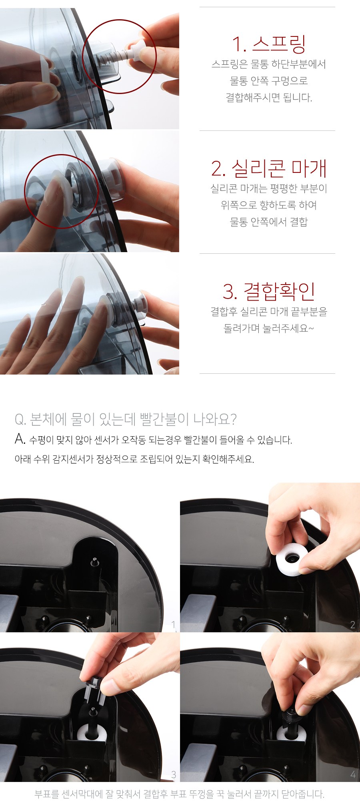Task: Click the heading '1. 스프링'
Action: coord(269,44)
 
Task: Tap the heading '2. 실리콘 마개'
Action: coord(269,168)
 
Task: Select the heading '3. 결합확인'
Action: coord(269,291)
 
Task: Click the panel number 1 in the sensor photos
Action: coord(174,624)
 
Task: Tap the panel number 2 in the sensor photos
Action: coord(352,625)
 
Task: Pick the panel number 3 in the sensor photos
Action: coord(174,774)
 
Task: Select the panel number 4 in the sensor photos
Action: coord(352,774)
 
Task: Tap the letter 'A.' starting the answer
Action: coord(20,439)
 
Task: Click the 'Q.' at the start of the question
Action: coord(20,419)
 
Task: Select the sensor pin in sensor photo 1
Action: coord(94,561)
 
